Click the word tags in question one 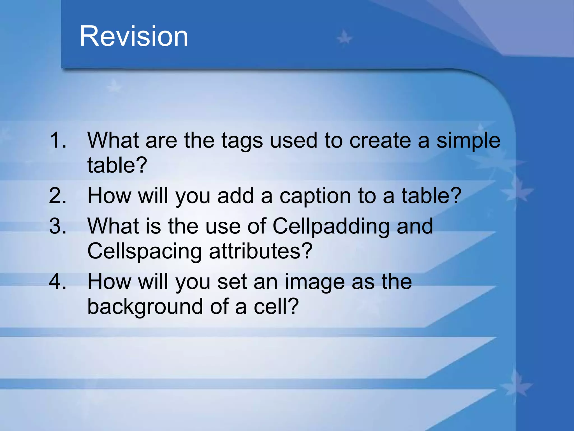click(242, 141)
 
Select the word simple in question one click(468, 141)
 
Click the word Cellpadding click(331, 226)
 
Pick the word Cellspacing click(144, 251)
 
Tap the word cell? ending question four click(276, 306)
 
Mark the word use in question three click(223, 226)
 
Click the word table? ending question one click(117, 165)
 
